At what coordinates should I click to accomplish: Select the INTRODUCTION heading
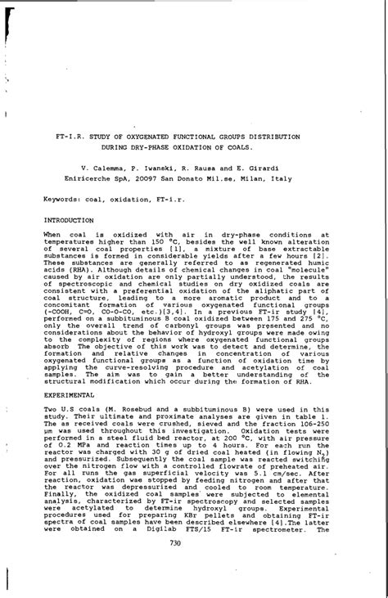tap(69, 220)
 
